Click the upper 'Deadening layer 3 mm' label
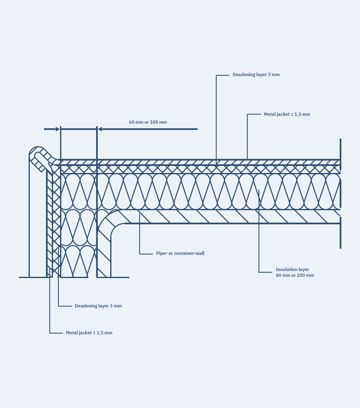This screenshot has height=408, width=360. tap(256, 75)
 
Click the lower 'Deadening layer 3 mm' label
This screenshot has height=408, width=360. tap(98, 306)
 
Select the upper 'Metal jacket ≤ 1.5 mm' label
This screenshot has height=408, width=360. tap(287, 114)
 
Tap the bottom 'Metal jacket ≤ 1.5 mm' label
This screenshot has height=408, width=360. tap(89, 333)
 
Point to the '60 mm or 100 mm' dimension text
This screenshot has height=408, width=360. tap(148, 122)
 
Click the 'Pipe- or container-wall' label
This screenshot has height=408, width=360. tap(180, 253)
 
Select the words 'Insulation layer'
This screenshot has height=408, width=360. tap(292, 269)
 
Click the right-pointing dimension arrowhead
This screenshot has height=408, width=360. tap(58, 129)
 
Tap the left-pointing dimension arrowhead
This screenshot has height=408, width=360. tap(100, 129)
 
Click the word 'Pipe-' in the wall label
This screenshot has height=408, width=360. tap(162, 253)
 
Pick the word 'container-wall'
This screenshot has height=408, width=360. tap(189, 253)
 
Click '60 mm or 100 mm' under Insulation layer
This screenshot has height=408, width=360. tap(295, 276)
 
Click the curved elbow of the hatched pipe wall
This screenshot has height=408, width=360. tap(109, 223)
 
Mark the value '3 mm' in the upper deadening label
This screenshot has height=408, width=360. tap(274, 75)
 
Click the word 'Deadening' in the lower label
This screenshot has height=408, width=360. tap(86, 306)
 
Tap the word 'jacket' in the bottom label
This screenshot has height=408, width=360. tap(85, 333)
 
